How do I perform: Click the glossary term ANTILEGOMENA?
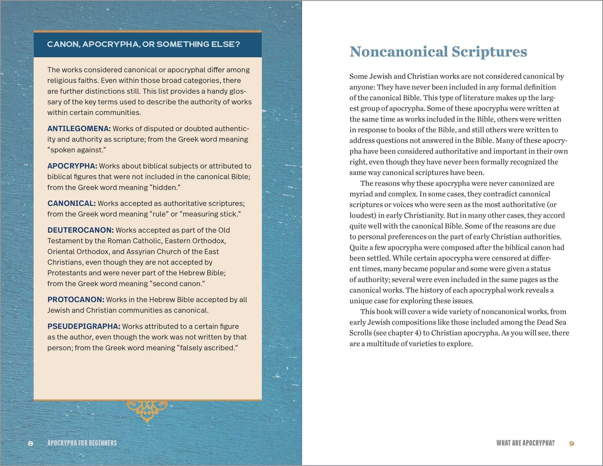click(79, 129)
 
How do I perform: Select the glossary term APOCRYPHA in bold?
click(72, 166)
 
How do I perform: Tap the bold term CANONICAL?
click(71, 203)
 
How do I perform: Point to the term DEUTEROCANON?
click(80, 230)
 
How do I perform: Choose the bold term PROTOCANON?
click(76, 300)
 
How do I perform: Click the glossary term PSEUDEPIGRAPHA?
click(84, 326)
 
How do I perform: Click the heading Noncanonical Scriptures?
click(438, 51)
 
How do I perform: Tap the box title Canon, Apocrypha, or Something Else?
click(143, 44)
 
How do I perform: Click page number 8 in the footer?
click(31, 443)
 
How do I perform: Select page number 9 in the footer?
click(571, 443)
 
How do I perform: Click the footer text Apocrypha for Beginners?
click(82, 443)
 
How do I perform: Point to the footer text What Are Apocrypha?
click(525, 443)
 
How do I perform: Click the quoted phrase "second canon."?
click(177, 284)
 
